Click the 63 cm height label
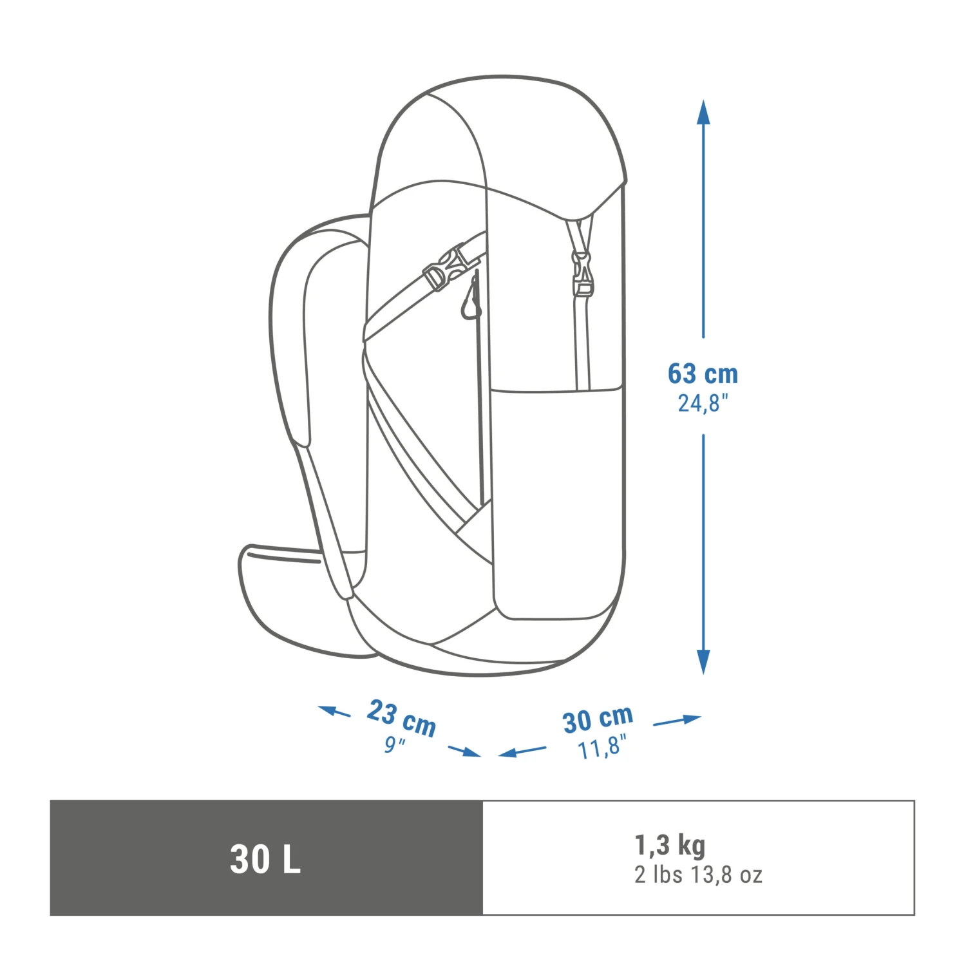point(703,374)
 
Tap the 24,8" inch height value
point(703,404)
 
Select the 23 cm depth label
point(402,717)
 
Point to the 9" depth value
point(394,744)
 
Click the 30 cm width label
point(598,719)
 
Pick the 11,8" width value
point(601,748)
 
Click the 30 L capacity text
point(265,859)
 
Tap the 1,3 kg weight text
point(670,845)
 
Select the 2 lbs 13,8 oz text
point(698,875)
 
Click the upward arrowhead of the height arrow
point(703,113)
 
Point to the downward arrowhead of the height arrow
point(703,662)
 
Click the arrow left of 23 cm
point(334,711)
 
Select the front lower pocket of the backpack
point(557,502)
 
